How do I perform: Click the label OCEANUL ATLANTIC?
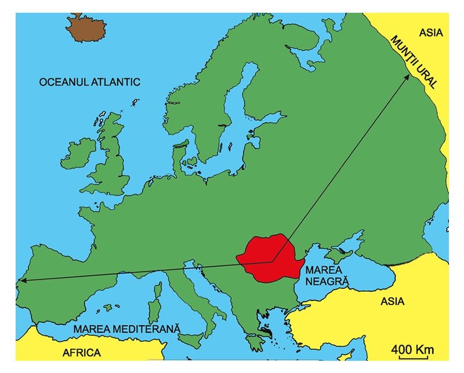[89, 82]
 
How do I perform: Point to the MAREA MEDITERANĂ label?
[128, 329]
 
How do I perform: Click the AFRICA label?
[81, 352]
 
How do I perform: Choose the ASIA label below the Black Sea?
[392, 302]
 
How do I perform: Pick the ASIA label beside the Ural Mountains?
[431, 32]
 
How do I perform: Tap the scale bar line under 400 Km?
[412, 358]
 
